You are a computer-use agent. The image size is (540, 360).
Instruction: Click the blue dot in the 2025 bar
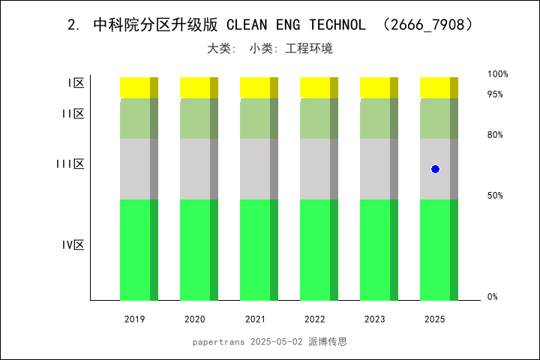point(435,169)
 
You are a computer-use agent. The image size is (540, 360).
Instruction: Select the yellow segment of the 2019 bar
point(139,87)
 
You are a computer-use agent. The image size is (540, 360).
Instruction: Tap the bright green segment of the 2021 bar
point(259,249)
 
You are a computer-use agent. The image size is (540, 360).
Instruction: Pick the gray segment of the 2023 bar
point(379,169)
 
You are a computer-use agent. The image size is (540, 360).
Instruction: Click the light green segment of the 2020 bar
point(199,118)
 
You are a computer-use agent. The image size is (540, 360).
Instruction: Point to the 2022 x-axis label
point(315,319)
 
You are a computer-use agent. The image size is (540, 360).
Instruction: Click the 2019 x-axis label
point(135,319)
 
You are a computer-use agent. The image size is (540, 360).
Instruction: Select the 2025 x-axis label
point(435,319)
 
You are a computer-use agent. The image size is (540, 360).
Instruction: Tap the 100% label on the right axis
point(498,74)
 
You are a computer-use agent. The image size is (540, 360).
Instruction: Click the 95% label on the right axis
point(495,94)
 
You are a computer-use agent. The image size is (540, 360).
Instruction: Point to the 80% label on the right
point(495,135)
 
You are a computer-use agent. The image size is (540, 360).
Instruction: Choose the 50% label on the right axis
point(495,196)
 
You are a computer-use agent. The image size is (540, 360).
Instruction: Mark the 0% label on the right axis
point(493,297)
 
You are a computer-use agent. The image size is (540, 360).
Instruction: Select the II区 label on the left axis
point(73,114)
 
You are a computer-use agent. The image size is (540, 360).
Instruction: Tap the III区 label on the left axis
point(70,163)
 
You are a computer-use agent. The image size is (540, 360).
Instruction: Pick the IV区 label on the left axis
point(73,244)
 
